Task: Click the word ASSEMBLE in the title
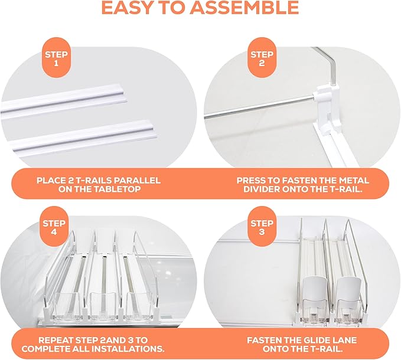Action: pyautogui.click(x=244, y=8)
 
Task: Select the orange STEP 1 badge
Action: pyautogui.click(x=56, y=58)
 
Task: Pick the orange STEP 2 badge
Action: pyautogui.click(x=262, y=58)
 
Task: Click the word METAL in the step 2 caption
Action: pyautogui.click(x=354, y=181)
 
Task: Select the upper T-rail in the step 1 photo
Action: pyautogui.click(x=64, y=100)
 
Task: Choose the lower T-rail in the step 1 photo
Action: pyautogui.click(x=82, y=135)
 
